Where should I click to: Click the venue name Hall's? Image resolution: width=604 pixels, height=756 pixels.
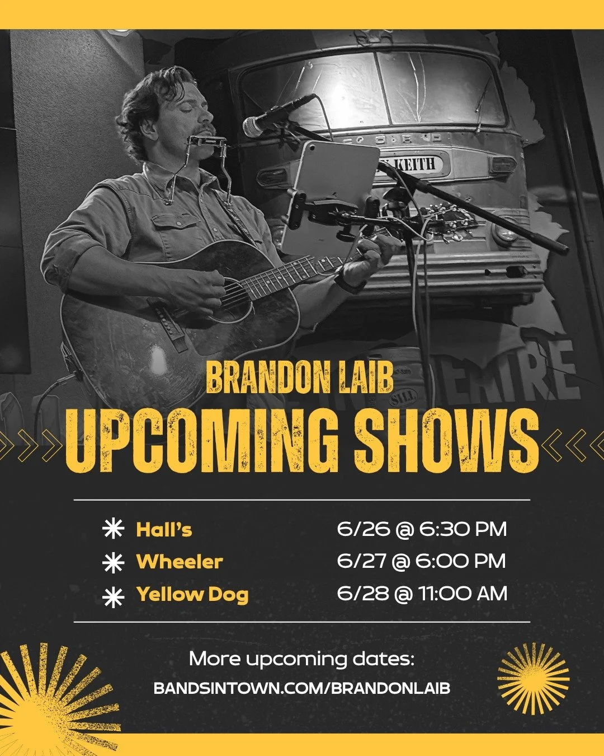(164, 530)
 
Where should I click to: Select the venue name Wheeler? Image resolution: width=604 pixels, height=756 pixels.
(180, 562)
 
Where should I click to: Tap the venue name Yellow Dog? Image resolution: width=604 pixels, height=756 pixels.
(192, 594)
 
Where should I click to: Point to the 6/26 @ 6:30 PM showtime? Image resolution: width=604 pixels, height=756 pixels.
(422, 529)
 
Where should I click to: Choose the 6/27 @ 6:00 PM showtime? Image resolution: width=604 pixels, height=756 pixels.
(421, 561)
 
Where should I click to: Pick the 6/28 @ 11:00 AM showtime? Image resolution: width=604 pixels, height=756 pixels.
(422, 594)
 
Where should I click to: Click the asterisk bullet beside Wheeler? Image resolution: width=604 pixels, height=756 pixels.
(113, 562)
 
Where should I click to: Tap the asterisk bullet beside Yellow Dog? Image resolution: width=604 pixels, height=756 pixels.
(113, 597)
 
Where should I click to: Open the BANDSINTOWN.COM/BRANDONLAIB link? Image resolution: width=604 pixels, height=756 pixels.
(301, 688)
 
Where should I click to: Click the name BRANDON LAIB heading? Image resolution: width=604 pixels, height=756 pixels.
(300, 378)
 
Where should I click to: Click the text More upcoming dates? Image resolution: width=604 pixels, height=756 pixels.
(301, 659)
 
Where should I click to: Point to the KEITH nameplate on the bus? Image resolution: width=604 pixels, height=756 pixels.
(422, 164)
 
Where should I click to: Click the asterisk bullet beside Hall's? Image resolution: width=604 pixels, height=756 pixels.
(113, 530)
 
